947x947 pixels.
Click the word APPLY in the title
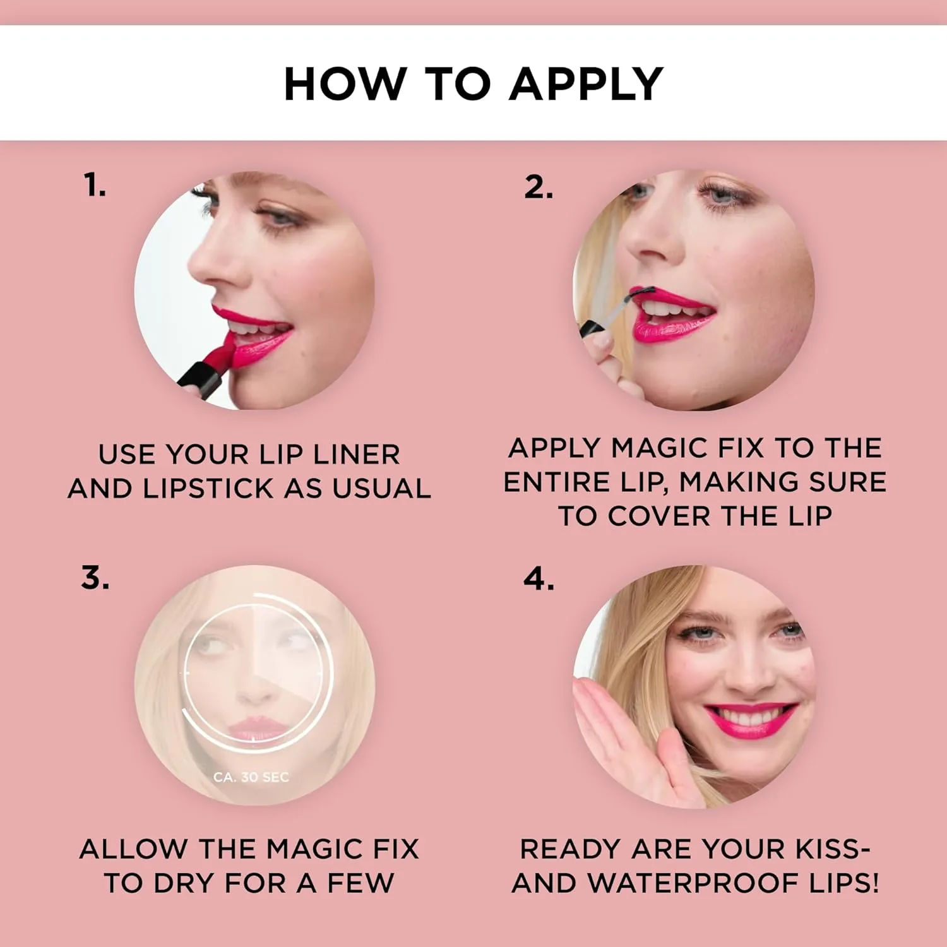pos(586,84)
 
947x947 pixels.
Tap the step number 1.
pos(95,186)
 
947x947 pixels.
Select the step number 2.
pos(539,187)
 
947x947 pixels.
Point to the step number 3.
pos(95,578)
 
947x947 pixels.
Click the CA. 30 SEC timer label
pos(251,777)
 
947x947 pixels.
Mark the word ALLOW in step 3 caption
pos(133,849)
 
